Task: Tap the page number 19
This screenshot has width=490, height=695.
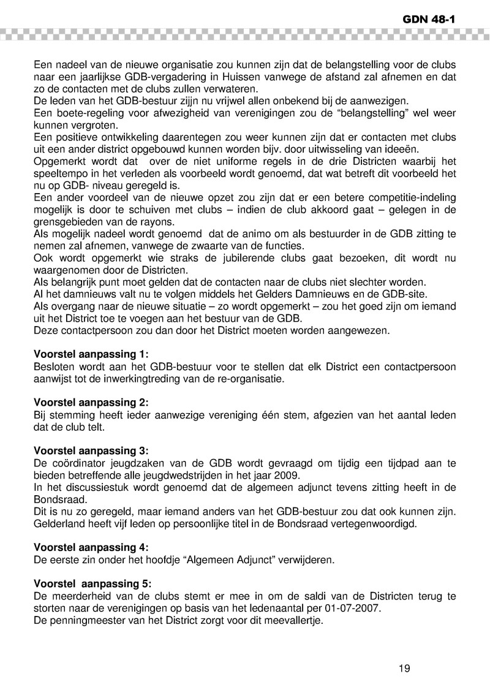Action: (x=404, y=668)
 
